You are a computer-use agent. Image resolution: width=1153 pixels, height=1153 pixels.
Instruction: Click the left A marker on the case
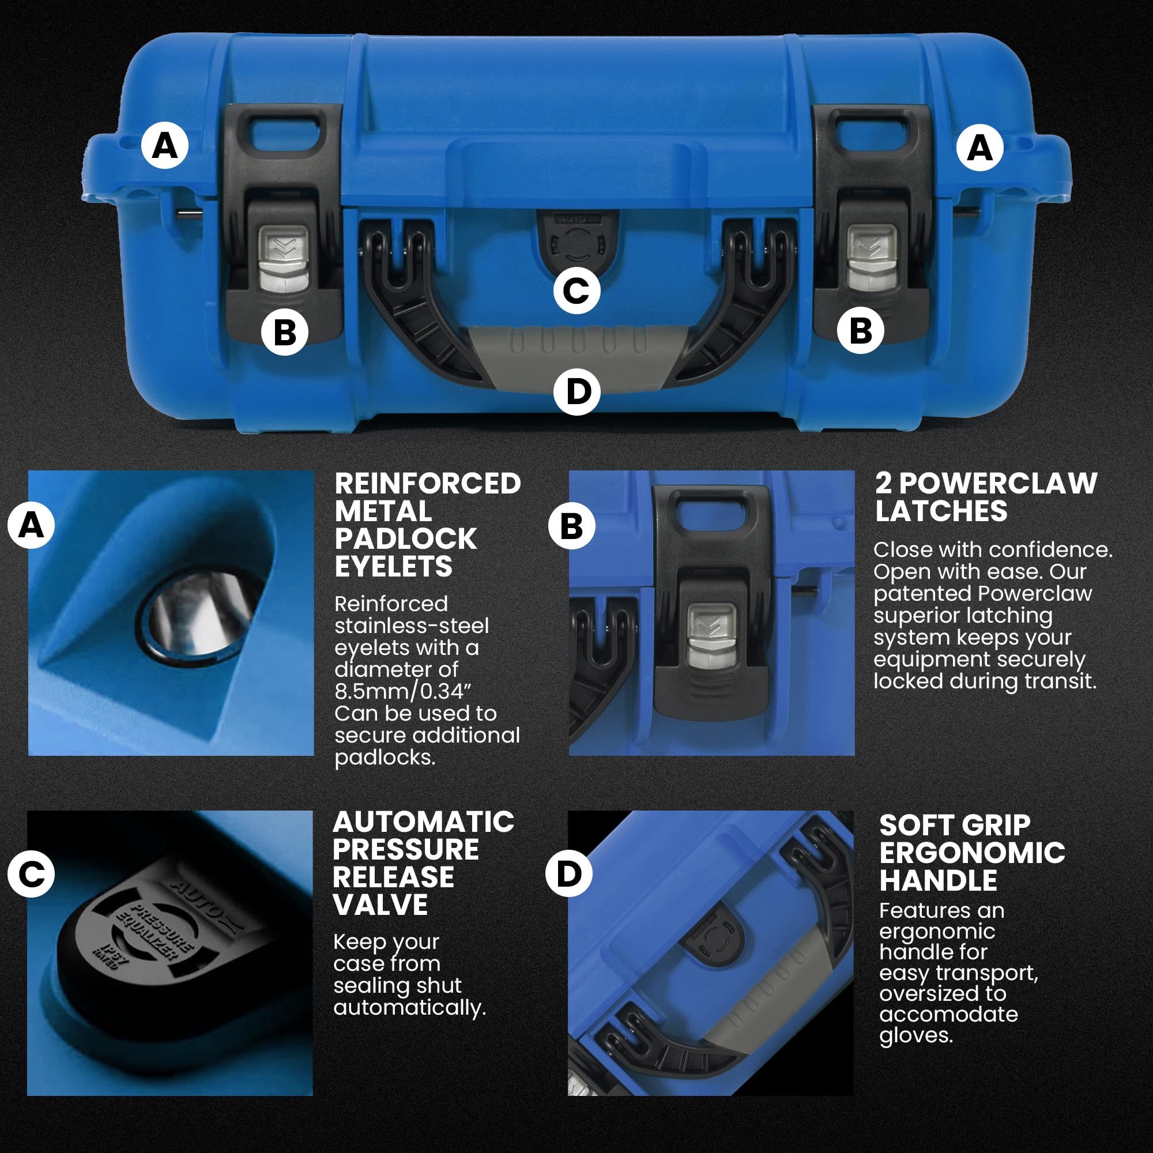tap(165, 146)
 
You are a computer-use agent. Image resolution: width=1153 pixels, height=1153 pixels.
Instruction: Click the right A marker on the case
tap(979, 148)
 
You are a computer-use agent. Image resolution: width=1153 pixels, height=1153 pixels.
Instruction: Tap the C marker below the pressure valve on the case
tap(576, 291)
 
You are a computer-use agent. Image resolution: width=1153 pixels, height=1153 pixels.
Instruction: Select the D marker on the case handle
tap(576, 392)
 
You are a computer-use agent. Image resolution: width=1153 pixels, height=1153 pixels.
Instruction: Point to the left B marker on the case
tap(285, 332)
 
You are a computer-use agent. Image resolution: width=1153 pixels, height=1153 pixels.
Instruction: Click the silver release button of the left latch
tap(283, 258)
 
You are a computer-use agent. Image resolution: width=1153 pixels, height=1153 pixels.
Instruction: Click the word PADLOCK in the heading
tap(406, 539)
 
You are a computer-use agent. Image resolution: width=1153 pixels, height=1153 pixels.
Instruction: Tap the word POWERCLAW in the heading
tap(998, 484)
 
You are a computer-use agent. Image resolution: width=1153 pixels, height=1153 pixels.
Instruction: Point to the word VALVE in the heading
tap(380, 905)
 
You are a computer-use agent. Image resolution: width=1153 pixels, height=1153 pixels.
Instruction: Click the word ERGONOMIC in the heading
tap(972, 853)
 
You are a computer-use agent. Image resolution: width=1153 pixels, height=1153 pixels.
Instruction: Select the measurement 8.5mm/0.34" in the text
tap(404, 692)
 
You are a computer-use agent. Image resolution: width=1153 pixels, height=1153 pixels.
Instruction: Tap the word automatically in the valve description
tap(409, 1008)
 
